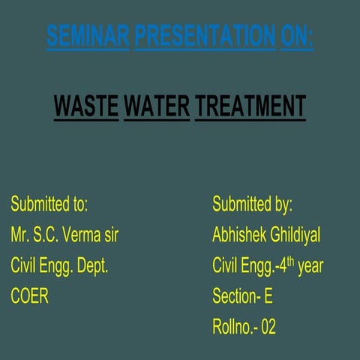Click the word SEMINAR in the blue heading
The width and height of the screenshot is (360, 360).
point(88,35)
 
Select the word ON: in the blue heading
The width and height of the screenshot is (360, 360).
point(297,35)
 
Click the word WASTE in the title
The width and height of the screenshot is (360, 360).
point(86,106)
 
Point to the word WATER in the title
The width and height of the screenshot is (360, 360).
point(157,106)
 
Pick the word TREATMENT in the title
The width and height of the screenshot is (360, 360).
point(250,106)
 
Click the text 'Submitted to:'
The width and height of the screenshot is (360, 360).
point(49,204)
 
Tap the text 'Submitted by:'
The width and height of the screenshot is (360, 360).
point(252,204)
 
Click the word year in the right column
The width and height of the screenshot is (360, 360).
point(310,266)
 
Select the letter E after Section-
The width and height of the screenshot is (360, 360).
point(268,296)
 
